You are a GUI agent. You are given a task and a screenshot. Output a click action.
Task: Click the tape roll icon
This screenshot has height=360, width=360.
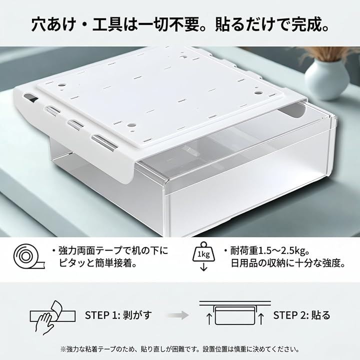click(x=29, y=256)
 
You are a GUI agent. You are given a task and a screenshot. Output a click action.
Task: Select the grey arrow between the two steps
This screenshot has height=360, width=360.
click(x=178, y=315)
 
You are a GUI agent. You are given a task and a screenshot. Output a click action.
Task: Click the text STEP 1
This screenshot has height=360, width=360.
click(x=102, y=315)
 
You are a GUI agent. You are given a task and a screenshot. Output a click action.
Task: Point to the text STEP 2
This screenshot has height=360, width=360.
click(x=290, y=315)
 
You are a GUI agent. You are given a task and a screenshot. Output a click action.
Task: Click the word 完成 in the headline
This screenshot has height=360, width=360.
click(x=302, y=25)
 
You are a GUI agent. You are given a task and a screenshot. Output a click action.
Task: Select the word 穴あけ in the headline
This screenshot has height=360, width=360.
click(x=53, y=25)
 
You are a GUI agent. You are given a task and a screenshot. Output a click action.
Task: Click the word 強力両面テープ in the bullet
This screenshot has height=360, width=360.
click(x=90, y=251)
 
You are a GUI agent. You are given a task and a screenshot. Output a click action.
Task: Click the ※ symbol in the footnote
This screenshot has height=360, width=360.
click(x=63, y=349)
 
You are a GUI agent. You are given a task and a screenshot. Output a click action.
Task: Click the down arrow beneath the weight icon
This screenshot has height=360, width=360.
click(x=203, y=267)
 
